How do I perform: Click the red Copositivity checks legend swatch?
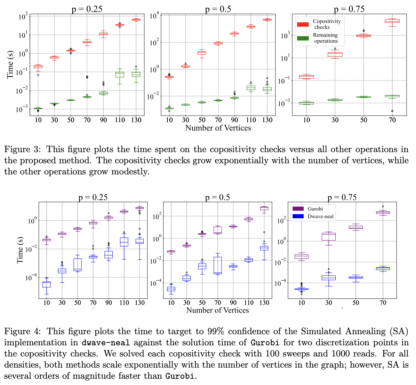coord(303,24)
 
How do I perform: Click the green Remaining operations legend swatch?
coord(303,38)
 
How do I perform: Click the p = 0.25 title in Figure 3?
coord(87,9)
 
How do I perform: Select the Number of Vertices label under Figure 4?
coord(218,310)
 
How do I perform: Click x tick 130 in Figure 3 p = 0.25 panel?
coord(136,120)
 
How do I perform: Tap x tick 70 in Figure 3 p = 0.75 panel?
coord(392,120)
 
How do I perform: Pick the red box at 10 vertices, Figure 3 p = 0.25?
coord(38,66)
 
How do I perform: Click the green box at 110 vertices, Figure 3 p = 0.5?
coord(251,88)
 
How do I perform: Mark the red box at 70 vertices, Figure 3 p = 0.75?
coord(392,21)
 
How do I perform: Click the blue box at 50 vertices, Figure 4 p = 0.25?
coord(78,265)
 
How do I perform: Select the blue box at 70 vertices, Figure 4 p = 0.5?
coord(218,265)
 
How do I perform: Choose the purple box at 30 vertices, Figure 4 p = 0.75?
coord(329,237)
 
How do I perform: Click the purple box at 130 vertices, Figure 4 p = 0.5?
coord(264,209)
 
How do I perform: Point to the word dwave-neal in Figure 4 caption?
coord(106,343)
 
